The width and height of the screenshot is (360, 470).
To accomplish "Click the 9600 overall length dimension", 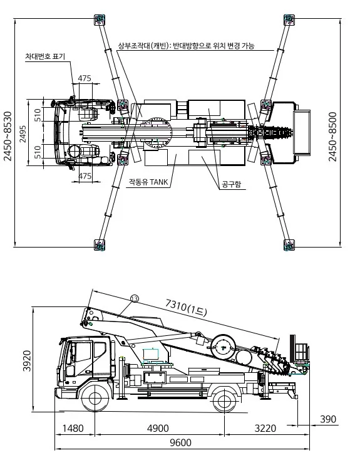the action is [x=180, y=442].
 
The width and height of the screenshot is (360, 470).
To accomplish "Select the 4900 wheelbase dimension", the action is [x=158, y=429].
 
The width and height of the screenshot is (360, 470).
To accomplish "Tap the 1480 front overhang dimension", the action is [x=73, y=429].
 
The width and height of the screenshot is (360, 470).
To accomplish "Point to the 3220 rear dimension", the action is [x=265, y=429].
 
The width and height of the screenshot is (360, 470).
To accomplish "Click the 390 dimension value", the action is [x=328, y=419].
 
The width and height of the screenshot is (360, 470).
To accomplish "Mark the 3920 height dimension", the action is [x=27, y=360].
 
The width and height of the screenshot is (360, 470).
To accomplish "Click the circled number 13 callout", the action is [x=135, y=298].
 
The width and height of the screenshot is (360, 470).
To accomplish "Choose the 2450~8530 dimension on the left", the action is [x=8, y=137].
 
